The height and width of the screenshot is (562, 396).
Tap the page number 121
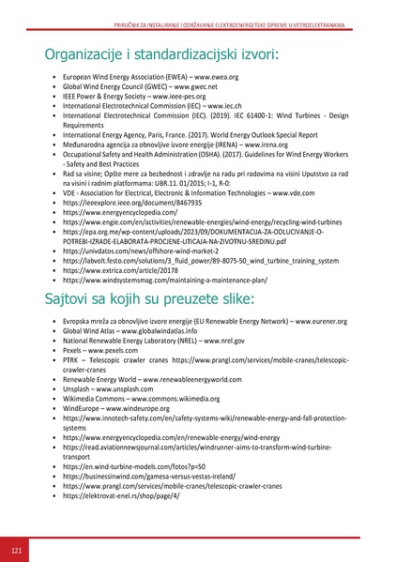(x=16, y=547)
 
